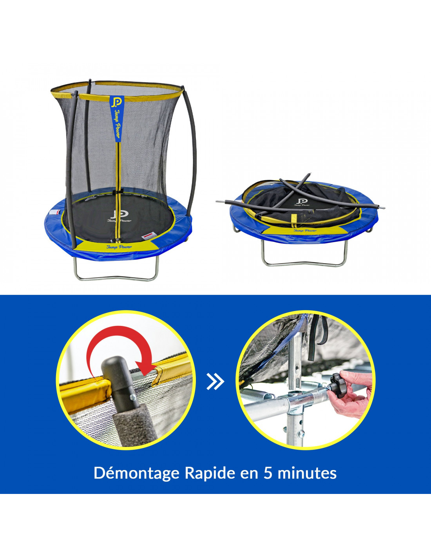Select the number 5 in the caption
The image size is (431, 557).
pyautogui.click(x=268, y=473)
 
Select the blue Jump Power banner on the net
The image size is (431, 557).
pyautogui.click(x=117, y=118)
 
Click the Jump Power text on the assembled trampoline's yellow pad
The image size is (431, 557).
pyautogui.click(x=119, y=247)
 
